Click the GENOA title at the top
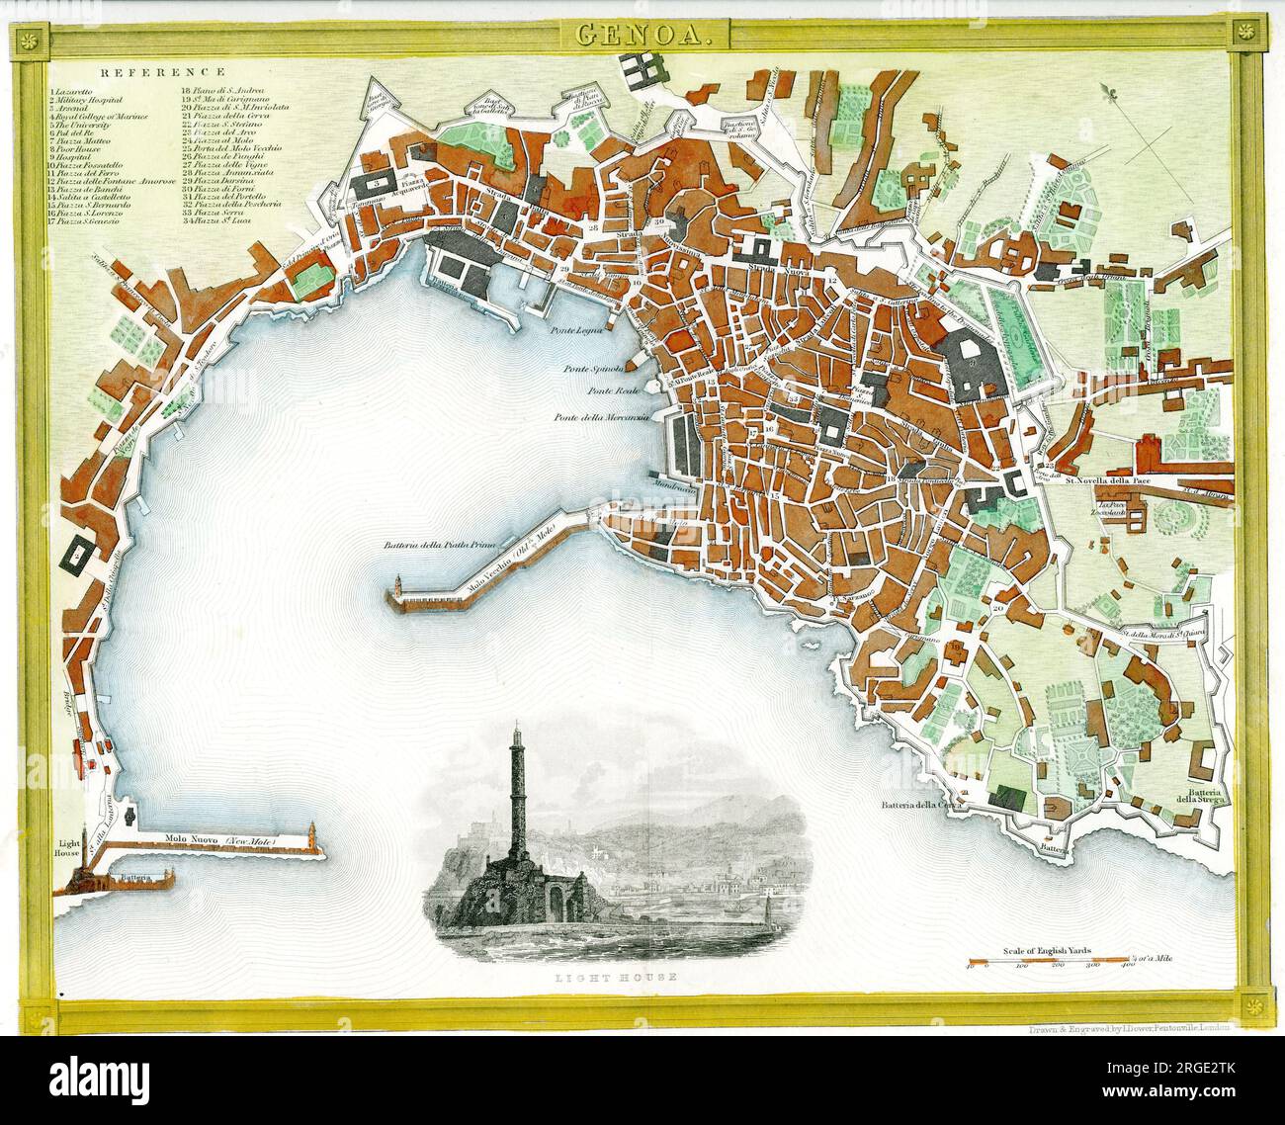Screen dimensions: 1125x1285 pos(642,38)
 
